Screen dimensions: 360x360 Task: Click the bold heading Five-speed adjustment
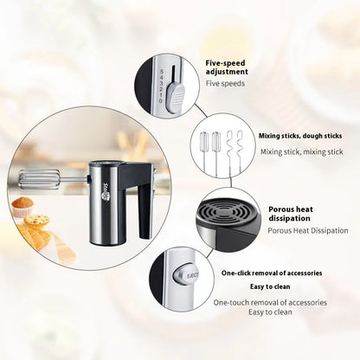coord(227,67)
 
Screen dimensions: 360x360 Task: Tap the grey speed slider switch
coord(176,97)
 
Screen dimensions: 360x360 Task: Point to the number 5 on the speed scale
coord(162,71)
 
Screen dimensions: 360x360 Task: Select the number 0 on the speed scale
coord(161,101)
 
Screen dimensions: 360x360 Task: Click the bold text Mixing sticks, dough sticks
coord(300,136)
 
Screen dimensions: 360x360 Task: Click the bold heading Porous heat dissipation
coord(290,214)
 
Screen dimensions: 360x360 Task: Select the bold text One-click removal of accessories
coord(272,273)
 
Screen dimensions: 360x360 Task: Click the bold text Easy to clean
coord(270,286)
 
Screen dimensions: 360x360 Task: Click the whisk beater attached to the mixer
coord(40,179)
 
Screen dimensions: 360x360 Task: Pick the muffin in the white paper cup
coord(22,207)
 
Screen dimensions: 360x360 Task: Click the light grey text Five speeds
coord(225,84)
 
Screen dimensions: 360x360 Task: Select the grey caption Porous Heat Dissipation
coord(308,230)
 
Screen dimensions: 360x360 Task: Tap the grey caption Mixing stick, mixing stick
coord(302,151)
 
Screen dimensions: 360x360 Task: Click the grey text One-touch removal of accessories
coord(270,303)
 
